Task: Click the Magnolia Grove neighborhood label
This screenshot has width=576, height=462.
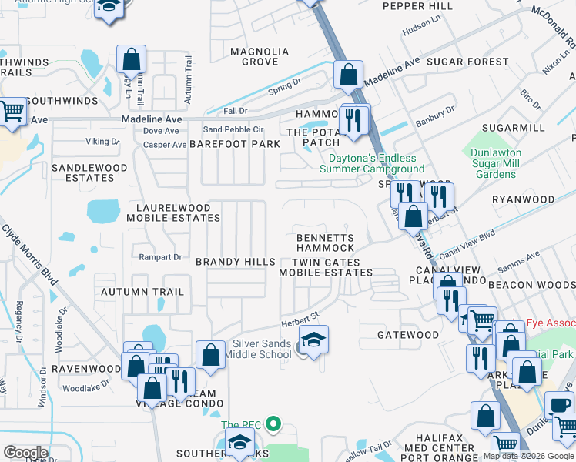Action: (x=260, y=56)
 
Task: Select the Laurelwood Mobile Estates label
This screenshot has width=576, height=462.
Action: (x=178, y=213)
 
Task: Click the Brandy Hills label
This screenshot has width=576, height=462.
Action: (x=235, y=262)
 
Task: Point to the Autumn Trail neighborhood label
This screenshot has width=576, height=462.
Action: (x=142, y=292)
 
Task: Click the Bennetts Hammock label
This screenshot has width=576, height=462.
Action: (x=326, y=243)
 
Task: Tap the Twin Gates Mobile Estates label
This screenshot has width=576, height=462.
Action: (x=325, y=267)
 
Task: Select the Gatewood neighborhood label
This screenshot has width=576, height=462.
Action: (x=407, y=335)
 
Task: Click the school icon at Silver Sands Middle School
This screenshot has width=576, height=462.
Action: (x=313, y=339)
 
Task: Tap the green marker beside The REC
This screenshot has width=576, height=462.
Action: (x=272, y=423)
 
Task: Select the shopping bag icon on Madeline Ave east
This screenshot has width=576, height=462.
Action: (x=348, y=75)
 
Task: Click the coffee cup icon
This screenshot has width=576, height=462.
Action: (x=560, y=404)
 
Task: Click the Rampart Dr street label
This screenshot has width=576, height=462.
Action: (x=159, y=257)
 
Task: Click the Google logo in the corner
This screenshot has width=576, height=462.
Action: (x=25, y=453)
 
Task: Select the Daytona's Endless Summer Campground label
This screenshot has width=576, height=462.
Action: (x=372, y=163)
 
